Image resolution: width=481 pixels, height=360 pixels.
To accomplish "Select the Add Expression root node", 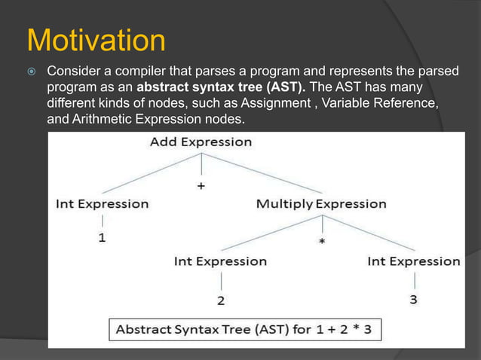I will coord(201,142).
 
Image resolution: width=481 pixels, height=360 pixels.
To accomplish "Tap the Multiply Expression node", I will coord(321,204).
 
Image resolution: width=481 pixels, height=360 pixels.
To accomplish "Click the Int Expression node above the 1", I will coord(103,204).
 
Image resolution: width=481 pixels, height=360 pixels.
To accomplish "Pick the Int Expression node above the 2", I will coord(220,261).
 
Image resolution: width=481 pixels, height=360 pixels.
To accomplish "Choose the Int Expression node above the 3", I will coord(414,261).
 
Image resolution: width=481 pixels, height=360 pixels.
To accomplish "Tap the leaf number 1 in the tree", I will coord(102,239).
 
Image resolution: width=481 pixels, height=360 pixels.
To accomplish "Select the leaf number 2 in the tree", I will coord(220,301).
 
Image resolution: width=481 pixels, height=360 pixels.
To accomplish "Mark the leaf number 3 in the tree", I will coord(414,300).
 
